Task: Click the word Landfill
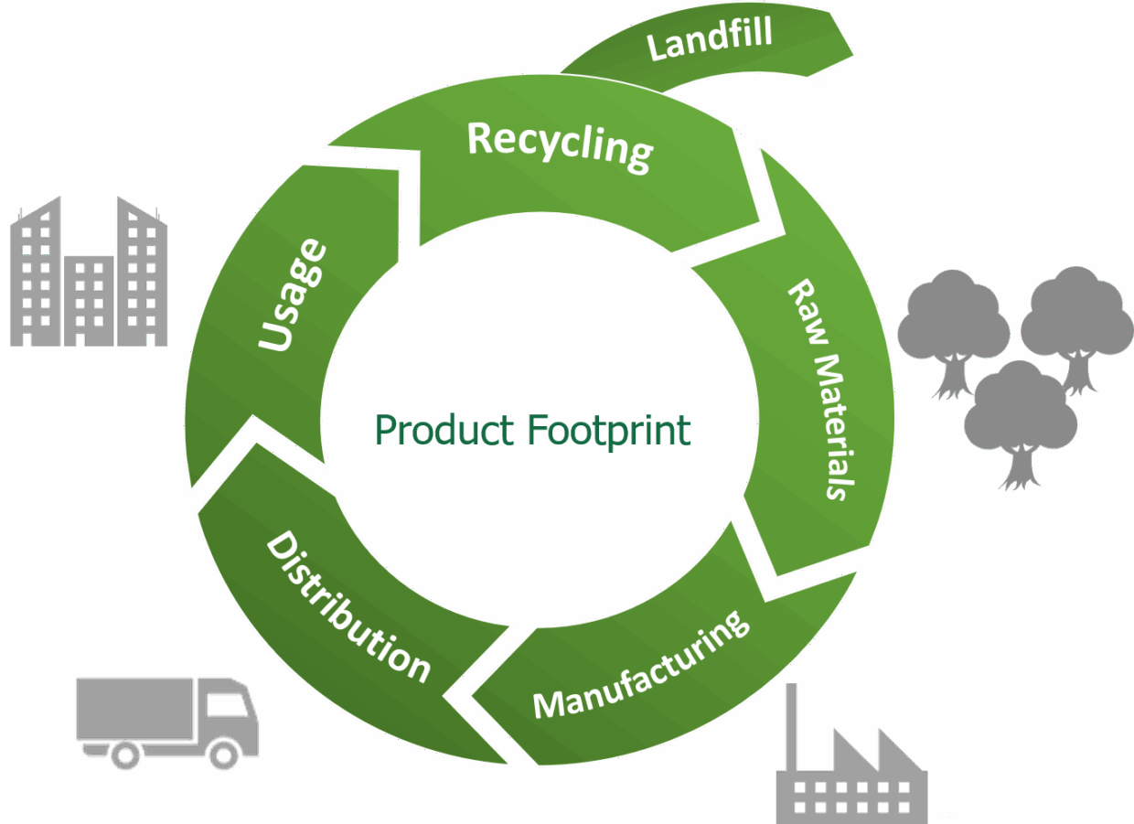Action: click(x=710, y=38)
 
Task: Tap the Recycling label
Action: click(x=560, y=146)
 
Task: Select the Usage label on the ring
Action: click(x=293, y=294)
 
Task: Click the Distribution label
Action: click(x=348, y=606)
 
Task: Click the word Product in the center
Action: click(x=444, y=430)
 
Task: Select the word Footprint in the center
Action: click(x=608, y=432)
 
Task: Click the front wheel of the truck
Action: click(x=224, y=755)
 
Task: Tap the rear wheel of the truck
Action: click(x=125, y=755)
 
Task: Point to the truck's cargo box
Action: click(x=134, y=709)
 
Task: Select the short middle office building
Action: click(x=89, y=301)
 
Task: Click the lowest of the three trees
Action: click(x=1020, y=426)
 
